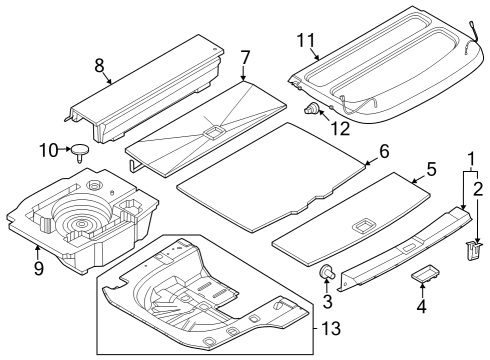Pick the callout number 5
click(431, 169)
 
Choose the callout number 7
click(245, 57)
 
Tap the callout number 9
click(38, 268)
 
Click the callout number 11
click(306, 41)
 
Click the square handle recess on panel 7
click(213, 130)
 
